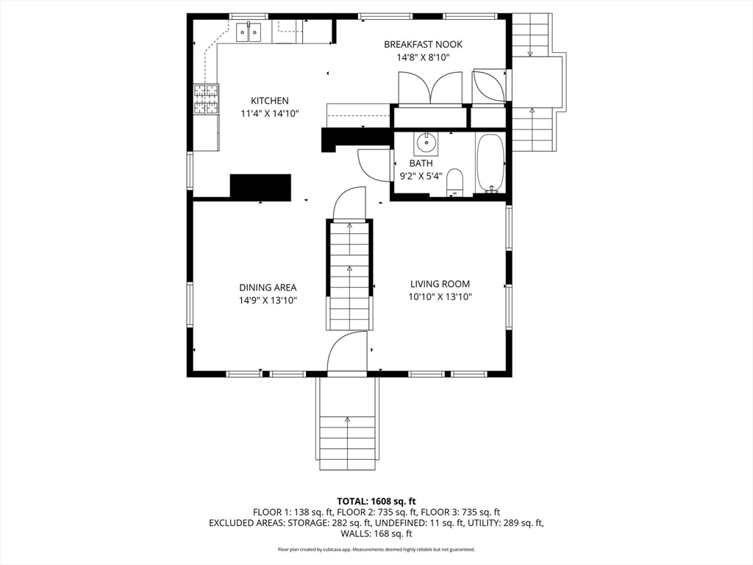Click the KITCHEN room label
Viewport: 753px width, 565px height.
pyautogui.click(x=270, y=101)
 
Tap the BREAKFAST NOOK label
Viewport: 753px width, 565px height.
pyautogui.click(x=423, y=45)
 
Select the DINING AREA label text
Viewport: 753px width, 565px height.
pyautogui.click(x=268, y=288)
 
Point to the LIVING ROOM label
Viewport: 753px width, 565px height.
pyautogui.click(x=440, y=284)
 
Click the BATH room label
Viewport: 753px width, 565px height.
pyautogui.click(x=421, y=163)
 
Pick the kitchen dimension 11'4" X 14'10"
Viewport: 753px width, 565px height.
pyautogui.click(x=270, y=113)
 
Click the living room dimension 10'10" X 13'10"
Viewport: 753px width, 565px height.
pyautogui.click(x=440, y=297)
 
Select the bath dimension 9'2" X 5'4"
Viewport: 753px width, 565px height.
pyautogui.click(x=421, y=176)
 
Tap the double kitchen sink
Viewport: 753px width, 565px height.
pyautogui.click(x=249, y=32)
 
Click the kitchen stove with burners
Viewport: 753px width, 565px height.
pyautogui.click(x=206, y=100)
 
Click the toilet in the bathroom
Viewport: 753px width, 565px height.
pyautogui.click(x=454, y=182)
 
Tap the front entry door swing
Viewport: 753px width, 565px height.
pyautogui.click(x=346, y=354)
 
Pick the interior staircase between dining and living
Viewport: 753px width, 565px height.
pyautogui.click(x=349, y=276)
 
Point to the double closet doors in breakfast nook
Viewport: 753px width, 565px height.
pyautogui.click(x=430, y=89)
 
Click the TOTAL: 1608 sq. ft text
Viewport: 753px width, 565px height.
pyautogui.click(x=376, y=500)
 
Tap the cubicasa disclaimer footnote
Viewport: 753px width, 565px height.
pyautogui.click(x=376, y=549)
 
